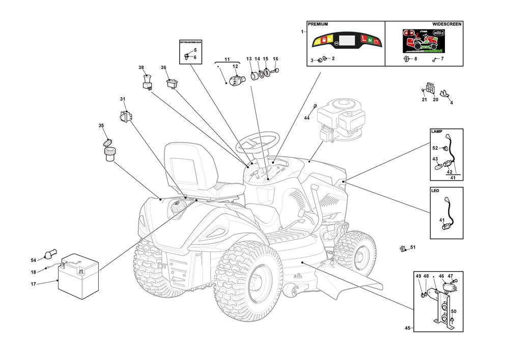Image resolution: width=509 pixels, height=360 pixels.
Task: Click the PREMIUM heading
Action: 318,24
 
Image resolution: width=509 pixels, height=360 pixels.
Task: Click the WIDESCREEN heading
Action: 447,24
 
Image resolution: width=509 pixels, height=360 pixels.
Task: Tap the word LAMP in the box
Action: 437,131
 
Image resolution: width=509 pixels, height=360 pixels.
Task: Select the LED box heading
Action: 435,191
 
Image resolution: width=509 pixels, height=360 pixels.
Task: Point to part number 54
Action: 34,260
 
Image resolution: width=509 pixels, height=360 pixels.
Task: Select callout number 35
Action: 101,125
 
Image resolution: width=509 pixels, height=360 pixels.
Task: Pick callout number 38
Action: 141,68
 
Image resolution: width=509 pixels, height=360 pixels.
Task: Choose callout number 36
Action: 163,68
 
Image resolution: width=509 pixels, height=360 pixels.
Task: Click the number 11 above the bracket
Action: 227,60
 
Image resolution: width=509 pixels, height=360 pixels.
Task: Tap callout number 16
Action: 275,59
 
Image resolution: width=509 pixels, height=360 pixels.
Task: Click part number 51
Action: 413,247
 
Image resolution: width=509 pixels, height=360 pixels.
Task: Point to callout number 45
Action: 407,328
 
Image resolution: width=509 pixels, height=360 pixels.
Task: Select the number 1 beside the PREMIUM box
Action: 302,32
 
